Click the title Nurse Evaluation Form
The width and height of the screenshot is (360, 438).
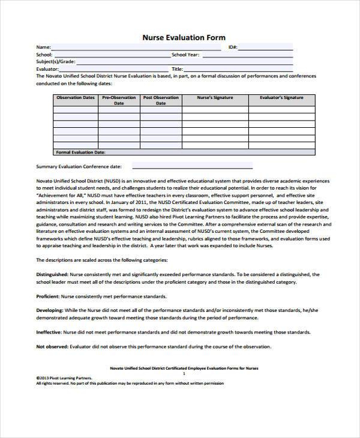click(x=184, y=37)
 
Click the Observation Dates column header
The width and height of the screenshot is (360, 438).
click(x=75, y=97)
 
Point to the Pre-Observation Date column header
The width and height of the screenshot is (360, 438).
click(x=119, y=100)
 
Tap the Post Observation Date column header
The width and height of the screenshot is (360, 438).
click(x=161, y=100)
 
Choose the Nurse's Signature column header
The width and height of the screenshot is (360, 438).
click(x=215, y=97)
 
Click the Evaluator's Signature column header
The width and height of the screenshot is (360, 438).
click(x=281, y=97)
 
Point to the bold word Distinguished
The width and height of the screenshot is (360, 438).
click(x=52, y=274)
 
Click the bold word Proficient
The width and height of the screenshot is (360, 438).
click(x=47, y=296)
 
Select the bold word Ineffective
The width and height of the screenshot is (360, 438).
click(x=49, y=332)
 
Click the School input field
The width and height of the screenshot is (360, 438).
click(x=111, y=55)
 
